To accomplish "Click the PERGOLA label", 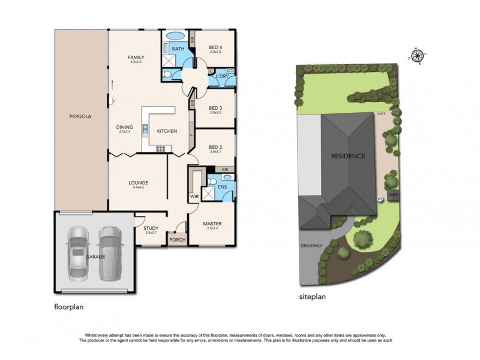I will pos(79,116).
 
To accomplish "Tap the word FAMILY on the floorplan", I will pos(136,57).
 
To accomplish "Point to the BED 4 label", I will pos(215,47).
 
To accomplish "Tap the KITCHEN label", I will pos(167,131).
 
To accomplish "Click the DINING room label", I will pos(124,127).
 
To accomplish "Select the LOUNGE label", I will pos(138,183).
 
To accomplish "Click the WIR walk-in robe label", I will pos(194,196).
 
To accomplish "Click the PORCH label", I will pos(177,240).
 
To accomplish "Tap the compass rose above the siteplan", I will pos(418,53).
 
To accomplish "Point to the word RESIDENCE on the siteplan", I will pos(348,156).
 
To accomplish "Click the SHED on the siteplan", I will pos(394,195).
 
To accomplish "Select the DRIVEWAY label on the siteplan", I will pos(312,246).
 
